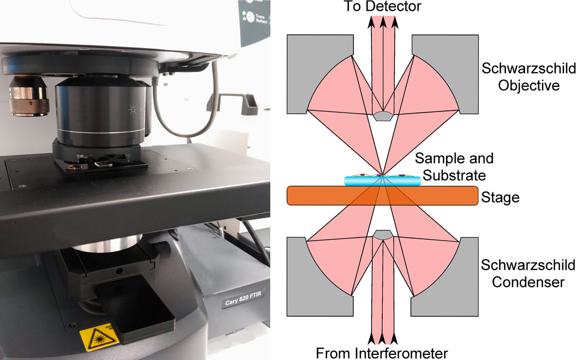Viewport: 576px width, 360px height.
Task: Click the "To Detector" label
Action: (382, 7)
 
